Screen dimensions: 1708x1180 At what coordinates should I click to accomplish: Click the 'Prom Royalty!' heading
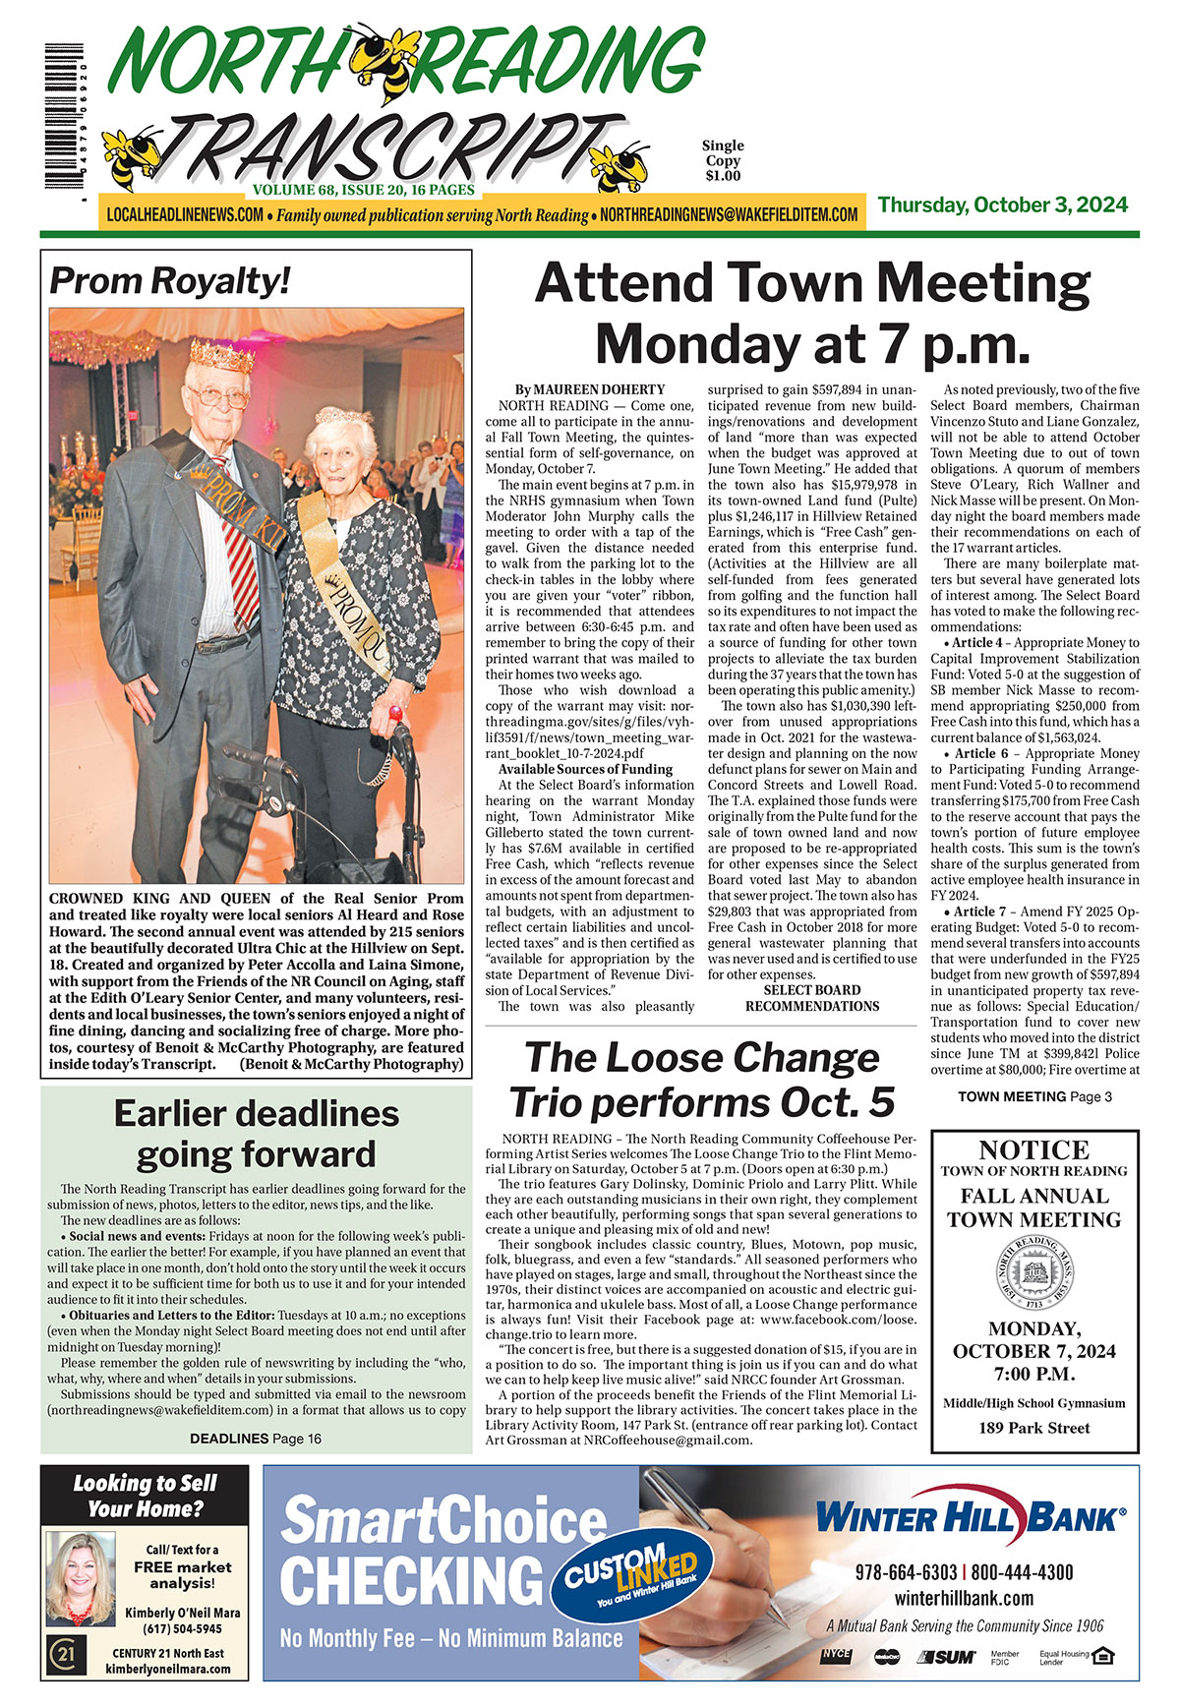tap(170, 281)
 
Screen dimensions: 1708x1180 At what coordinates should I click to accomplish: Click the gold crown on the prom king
tap(221, 354)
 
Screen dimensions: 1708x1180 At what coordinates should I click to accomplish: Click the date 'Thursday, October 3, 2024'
tap(1002, 206)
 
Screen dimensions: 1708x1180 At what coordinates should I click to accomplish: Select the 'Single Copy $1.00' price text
tap(722, 160)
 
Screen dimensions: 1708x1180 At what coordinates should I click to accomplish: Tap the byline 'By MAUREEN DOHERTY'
tap(590, 389)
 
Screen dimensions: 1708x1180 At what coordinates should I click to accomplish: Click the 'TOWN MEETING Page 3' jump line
tap(1034, 1096)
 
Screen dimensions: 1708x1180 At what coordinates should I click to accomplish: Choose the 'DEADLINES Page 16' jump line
tap(256, 1439)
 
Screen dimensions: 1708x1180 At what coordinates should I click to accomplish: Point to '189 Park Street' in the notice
tap(1034, 1428)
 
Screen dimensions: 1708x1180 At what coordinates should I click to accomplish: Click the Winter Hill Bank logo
tap(970, 1517)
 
